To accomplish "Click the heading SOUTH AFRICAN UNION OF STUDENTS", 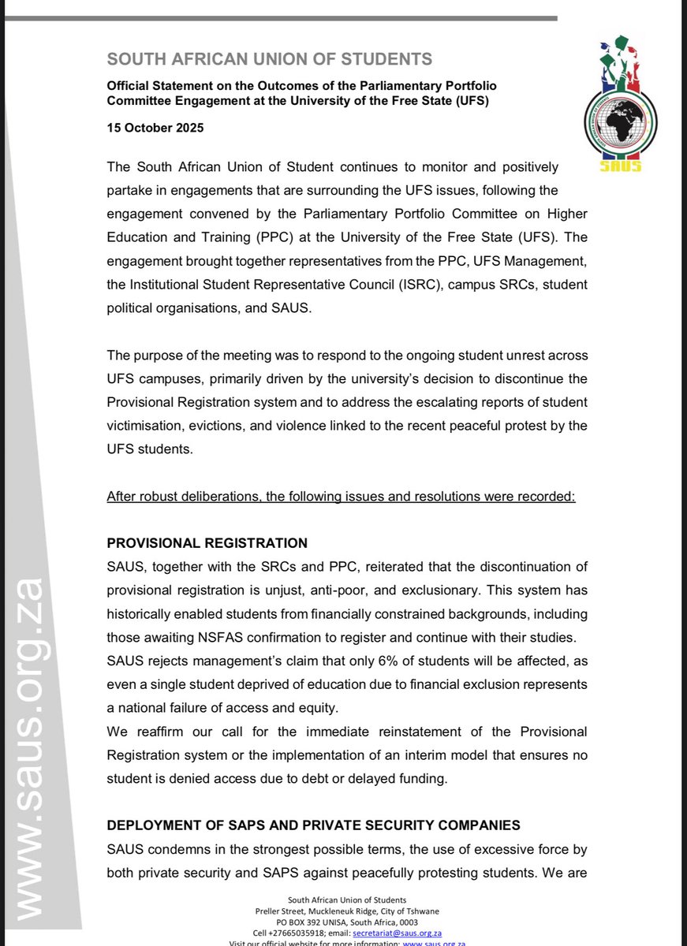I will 270,58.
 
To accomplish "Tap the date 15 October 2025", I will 155,128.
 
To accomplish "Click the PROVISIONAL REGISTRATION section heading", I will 207,543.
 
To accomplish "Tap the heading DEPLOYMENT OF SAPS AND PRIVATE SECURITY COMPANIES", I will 313,825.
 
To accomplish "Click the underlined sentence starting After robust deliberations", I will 341,497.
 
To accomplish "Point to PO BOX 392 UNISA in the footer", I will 312,922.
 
